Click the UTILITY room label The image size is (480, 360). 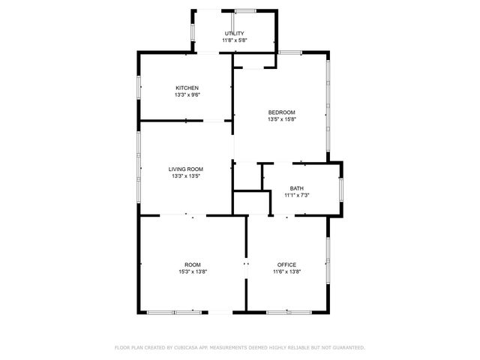tap(234, 34)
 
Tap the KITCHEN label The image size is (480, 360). tap(187, 88)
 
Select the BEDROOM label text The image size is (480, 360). tap(281, 112)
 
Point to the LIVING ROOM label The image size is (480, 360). tap(186, 169)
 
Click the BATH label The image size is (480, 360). tap(297, 188)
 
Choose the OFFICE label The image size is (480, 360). tap(286, 265)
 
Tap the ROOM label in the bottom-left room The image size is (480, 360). tap(193, 265)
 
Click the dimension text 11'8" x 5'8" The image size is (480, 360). tap(234, 40)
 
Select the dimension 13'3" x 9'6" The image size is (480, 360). tap(187, 94)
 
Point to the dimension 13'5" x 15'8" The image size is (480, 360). tap(281, 119)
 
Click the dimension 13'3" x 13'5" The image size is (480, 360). tap(186, 176)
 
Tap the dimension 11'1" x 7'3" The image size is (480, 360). tap(297, 195)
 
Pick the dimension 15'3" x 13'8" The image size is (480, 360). tap(193, 271)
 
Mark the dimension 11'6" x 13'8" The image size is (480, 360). tap(286, 271)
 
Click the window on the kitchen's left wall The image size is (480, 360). tap(139, 88)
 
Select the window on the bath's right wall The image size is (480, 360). tap(341, 188)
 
